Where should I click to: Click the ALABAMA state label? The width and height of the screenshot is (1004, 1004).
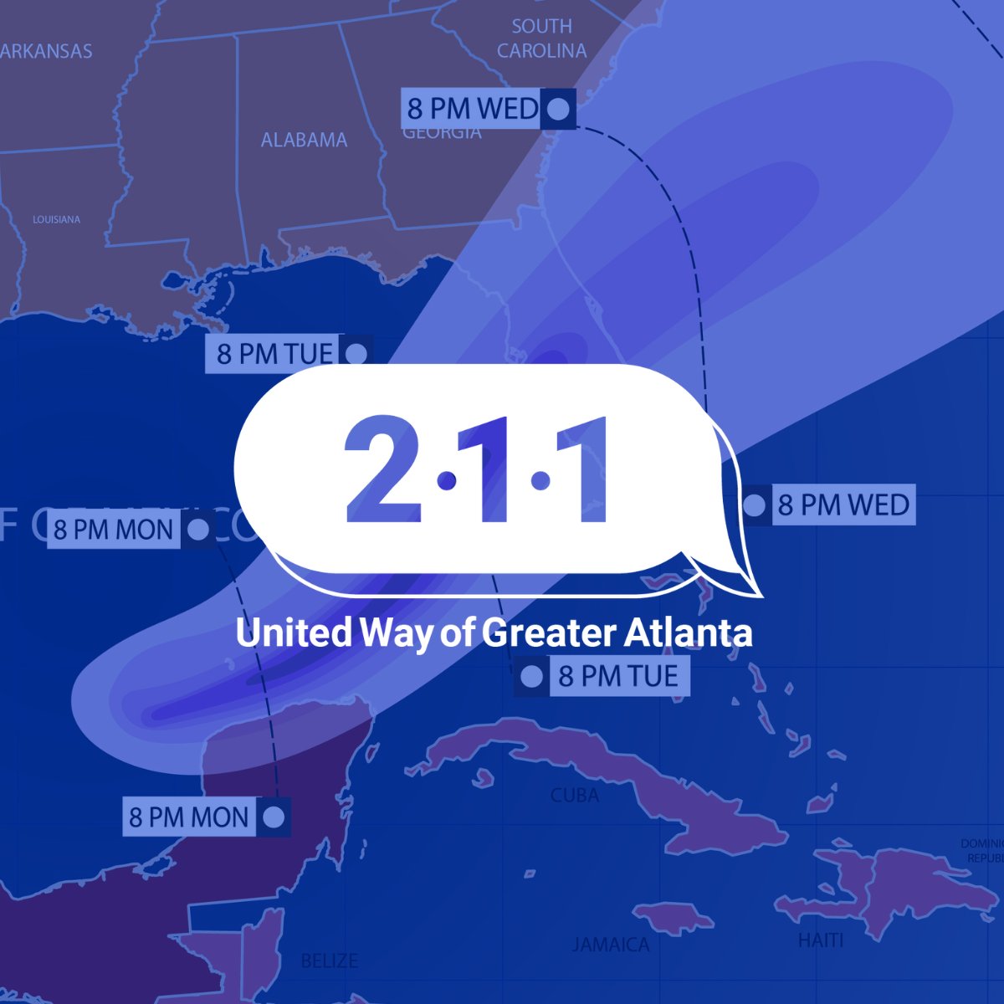[x=304, y=140]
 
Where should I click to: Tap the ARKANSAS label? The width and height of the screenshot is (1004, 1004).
[x=47, y=51]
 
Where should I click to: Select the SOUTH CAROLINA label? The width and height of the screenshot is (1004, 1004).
[x=541, y=38]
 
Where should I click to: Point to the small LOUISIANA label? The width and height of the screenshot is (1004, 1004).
[x=57, y=219]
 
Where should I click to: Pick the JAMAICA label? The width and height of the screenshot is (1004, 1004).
[x=611, y=945]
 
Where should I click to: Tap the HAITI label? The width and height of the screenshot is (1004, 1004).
[x=820, y=940]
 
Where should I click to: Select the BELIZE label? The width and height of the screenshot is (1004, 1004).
[x=329, y=960]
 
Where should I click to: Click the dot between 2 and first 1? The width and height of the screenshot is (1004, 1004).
[x=447, y=480]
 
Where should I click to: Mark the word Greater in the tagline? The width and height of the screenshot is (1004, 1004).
[x=537, y=633]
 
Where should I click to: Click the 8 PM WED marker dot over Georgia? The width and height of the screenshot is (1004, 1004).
[x=558, y=110]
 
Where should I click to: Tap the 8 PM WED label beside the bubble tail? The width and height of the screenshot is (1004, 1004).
[x=843, y=505]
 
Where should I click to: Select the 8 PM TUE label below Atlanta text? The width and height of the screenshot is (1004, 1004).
[x=617, y=676]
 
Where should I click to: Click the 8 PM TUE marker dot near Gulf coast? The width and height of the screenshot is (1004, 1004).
[x=356, y=354]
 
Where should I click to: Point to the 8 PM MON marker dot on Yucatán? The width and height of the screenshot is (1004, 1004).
[x=273, y=817]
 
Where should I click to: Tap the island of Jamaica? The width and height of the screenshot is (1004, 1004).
[x=674, y=916]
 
